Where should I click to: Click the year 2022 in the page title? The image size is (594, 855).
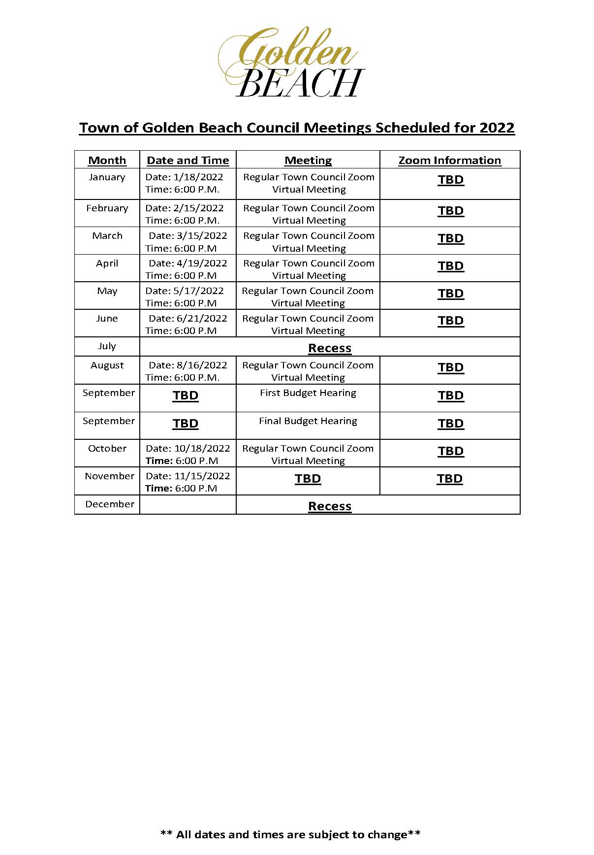tap(497, 128)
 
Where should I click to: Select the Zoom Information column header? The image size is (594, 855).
tap(449, 161)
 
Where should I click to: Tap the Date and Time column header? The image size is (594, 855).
tap(188, 161)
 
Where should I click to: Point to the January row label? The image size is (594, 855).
tap(107, 177)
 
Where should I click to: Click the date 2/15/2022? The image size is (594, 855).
tap(198, 208)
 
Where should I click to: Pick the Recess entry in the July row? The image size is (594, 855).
tap(329, 348)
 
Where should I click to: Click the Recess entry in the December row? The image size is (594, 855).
tap(329, 506)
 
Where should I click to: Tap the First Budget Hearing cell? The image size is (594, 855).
tap(308, 393)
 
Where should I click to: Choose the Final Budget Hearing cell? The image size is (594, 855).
tap(308, 421)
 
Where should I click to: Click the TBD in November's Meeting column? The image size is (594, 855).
tap(308, 479)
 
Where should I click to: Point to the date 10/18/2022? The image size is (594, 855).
tap(202, 449)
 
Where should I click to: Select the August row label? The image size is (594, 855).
tap(107, 365)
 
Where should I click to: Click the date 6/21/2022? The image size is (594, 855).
tap(202, 319)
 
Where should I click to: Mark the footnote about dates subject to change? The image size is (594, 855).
tap(290, 834)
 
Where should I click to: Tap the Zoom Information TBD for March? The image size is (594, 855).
tap(450, 238)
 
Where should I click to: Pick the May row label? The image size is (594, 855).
tap(107, 291)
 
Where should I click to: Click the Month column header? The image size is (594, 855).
tap(107, 161)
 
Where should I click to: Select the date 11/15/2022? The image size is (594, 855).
tap(202, 476)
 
